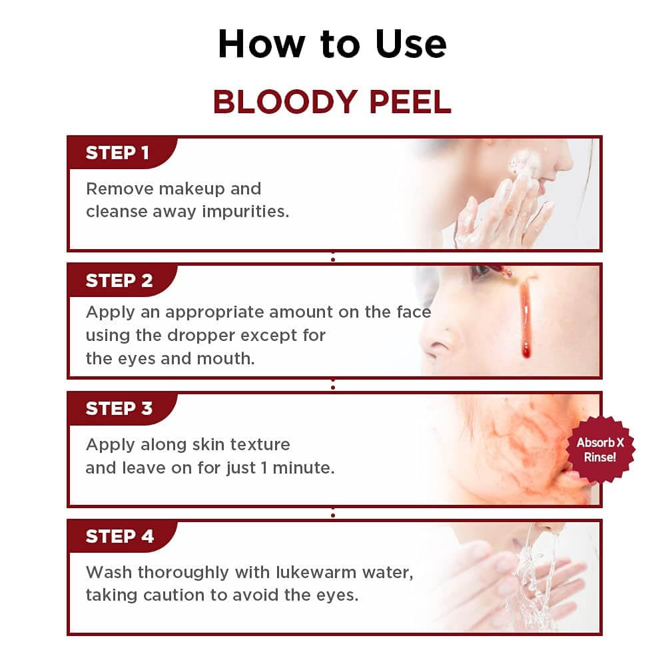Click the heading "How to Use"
[332, 44]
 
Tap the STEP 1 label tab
[117, 153]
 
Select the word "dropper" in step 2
[226, 335]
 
